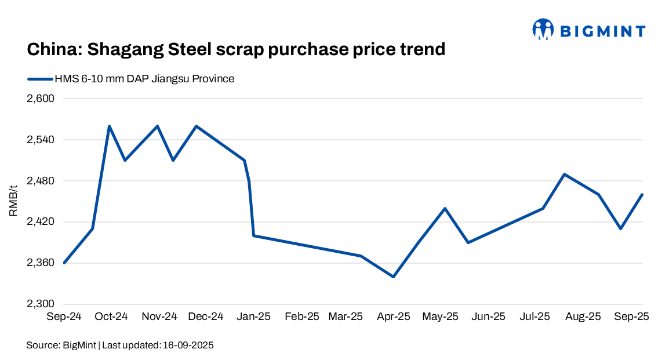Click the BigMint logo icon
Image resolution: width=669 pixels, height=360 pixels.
pyautogui.click(x=543, y=30)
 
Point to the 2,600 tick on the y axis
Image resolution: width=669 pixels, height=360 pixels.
pyautogui.click(x=40, y=99)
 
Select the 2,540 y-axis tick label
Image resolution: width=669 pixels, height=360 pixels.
pyautogui.click(x=40, y=140)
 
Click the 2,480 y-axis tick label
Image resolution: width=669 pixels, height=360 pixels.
pyautogui.click(x=40, y=181)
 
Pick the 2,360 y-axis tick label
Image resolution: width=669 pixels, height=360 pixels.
pyautogui.click(x=40, y=263)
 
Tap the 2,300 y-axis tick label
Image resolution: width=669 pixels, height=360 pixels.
pyautogui.click(x=40, y=304)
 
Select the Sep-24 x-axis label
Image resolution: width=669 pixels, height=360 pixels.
pyautogui.click(x=63, y=317)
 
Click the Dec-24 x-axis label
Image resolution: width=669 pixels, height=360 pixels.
pyautogui.click(x=206, y=317)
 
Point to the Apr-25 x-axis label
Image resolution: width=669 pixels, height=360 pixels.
pyautogui.click(x=393, y=317)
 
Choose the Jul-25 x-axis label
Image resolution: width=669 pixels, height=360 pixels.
pyautogui.click(x=534, y=317)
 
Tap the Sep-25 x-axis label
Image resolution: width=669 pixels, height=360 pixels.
pyautogui.click(x=631, y=317)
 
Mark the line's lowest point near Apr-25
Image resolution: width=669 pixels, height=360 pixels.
pyautogui.click(x=394, y=277)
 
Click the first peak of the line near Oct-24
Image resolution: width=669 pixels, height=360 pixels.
pyautogui.click(x=109, y=126)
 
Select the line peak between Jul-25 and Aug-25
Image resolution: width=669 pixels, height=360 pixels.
pyautogui.click(x=564, y=174)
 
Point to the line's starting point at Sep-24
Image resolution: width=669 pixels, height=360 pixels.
pyautogui.click(x=64, y=263)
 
